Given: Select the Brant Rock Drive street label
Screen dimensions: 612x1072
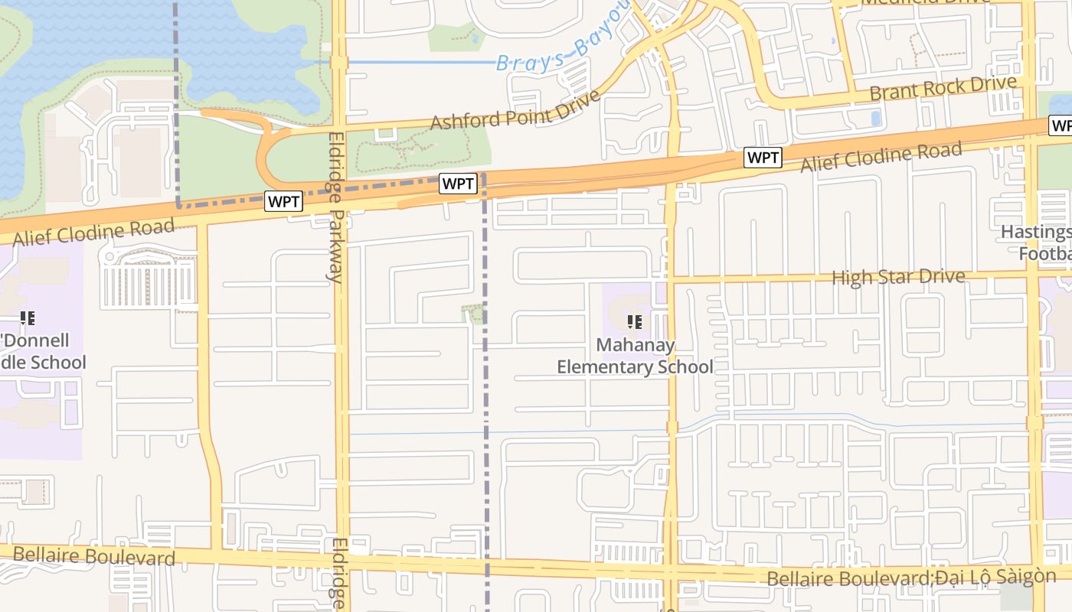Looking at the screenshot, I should (x=943, y=87).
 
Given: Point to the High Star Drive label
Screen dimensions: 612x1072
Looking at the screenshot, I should (x=897, y=276).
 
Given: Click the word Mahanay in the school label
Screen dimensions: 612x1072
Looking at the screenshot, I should (x=636, y=345).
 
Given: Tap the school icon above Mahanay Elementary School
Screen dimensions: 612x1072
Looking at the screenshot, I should (x=634, y=322).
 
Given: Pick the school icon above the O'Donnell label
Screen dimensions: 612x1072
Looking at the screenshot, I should (x=28, y=318).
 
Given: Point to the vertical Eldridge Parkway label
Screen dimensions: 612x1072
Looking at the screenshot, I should (x=335, y=207).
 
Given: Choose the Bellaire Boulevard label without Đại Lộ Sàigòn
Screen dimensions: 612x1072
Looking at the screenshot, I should (x=94, y=556).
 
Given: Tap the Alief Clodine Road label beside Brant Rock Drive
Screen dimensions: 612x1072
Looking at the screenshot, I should (x=881, y=157).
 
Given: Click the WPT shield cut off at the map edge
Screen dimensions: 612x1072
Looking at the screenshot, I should (x=1061, y=125).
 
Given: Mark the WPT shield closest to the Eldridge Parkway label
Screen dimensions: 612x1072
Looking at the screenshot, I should (x=284, y=202).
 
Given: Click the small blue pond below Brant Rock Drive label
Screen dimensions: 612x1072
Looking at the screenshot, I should (x=876, y=119).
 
